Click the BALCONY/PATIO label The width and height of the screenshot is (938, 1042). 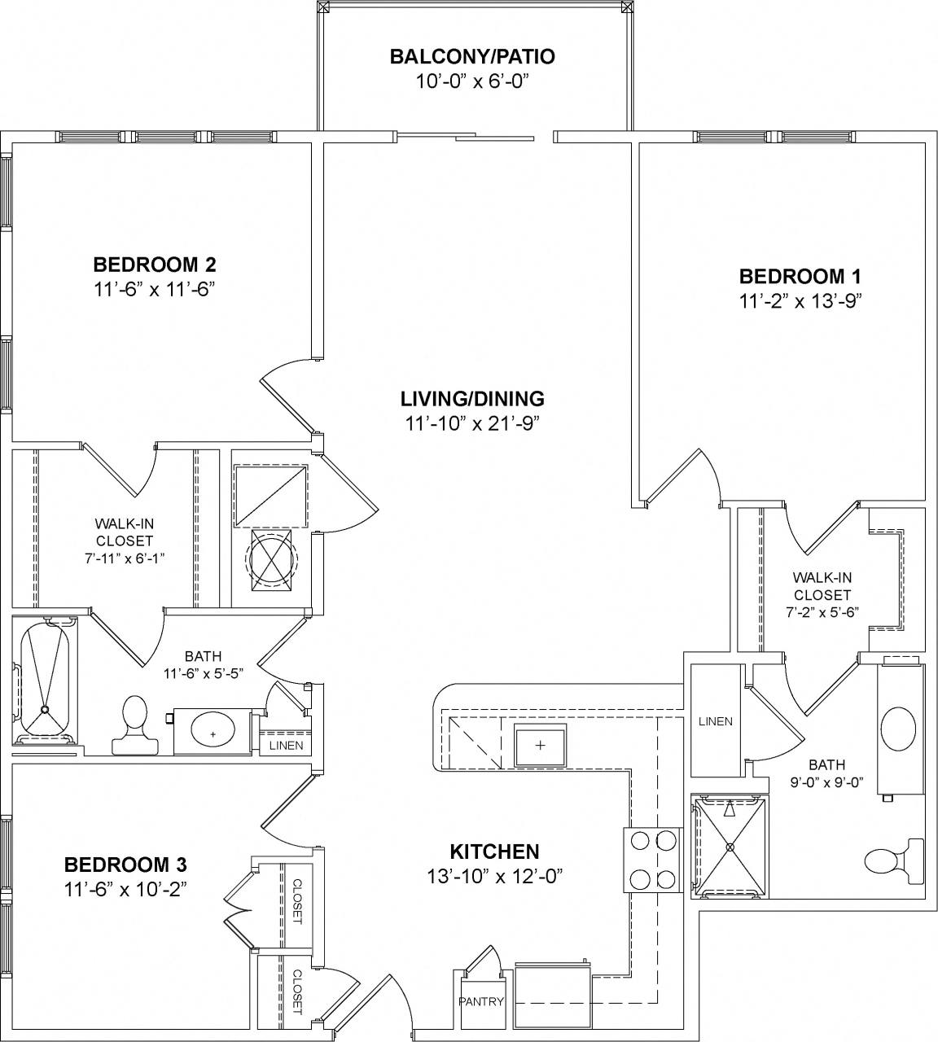472,57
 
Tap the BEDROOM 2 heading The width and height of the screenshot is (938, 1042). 154,265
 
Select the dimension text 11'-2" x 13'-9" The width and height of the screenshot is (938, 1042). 800,300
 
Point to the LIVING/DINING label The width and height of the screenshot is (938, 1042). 472,399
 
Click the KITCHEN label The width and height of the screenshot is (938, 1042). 494,852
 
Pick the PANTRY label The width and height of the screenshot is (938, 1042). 481,1001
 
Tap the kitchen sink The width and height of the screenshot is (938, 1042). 541,744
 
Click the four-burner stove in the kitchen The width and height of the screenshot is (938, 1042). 651,860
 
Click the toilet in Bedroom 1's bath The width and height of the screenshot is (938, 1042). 892,861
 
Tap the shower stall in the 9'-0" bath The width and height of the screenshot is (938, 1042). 730,847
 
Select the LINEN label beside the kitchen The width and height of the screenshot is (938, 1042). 716,721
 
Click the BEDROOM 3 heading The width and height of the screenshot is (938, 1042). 126,864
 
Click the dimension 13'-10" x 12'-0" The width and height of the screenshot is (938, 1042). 495,876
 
